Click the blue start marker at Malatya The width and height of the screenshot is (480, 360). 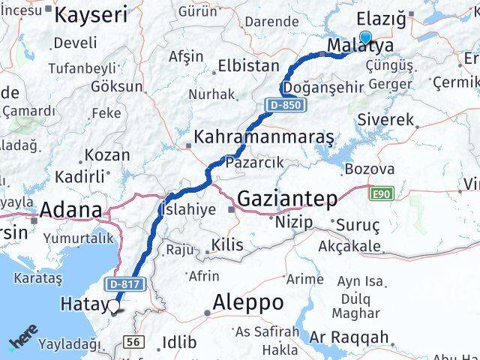click(x=365, y=38)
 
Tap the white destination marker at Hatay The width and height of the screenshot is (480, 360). click(x=113, y=306)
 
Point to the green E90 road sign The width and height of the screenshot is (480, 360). click(x=382, y=193)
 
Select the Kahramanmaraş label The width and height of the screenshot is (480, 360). click(x=263, y=137)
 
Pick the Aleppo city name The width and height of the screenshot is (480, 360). click(x=248, y=302)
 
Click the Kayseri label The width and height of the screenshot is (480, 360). click(x=91, y=13)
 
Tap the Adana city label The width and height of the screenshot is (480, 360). click(x=70, y=210)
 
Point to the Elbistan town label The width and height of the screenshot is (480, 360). click(x=248, y=66)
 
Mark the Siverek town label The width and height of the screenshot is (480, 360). click(x=385, y=119)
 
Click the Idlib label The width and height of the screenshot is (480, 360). click(x=180, y=343)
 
